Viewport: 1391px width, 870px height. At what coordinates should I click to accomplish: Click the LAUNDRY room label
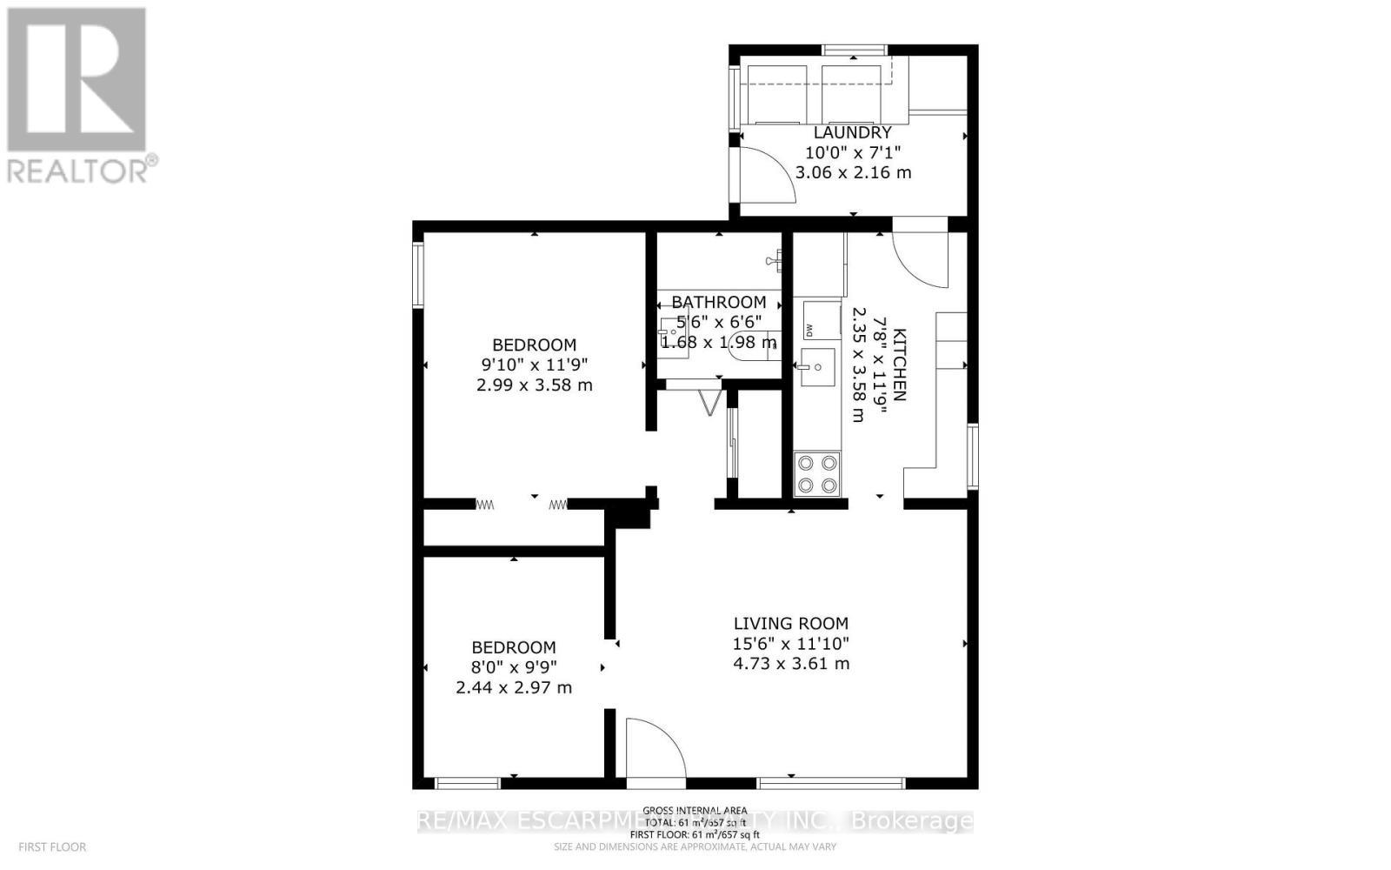(x=852, y=132)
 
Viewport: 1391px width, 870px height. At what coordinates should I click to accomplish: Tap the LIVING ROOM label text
(x=790, y=623)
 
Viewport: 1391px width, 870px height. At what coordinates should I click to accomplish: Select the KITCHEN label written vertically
(x=900, y=365)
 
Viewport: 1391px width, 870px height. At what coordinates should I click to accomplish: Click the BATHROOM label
(x=718, y=302)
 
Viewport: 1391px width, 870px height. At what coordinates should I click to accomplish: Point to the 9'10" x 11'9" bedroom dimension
(x=534, y=365)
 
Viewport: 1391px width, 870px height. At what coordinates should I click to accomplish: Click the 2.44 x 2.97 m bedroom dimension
(x=513, y=687)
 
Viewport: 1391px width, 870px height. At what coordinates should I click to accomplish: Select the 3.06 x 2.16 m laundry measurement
(x=853, y=172)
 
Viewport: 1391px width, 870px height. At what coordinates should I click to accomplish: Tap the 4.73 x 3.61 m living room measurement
(x=790, y=664)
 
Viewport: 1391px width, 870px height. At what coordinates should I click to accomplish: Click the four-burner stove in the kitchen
(x=817, y=474)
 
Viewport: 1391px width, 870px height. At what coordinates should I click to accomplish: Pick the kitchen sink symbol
(x=816, y=367)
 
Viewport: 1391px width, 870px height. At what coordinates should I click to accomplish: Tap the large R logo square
(x=77, y=80)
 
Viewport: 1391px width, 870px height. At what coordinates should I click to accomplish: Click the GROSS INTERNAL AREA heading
(x=695, y=810)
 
